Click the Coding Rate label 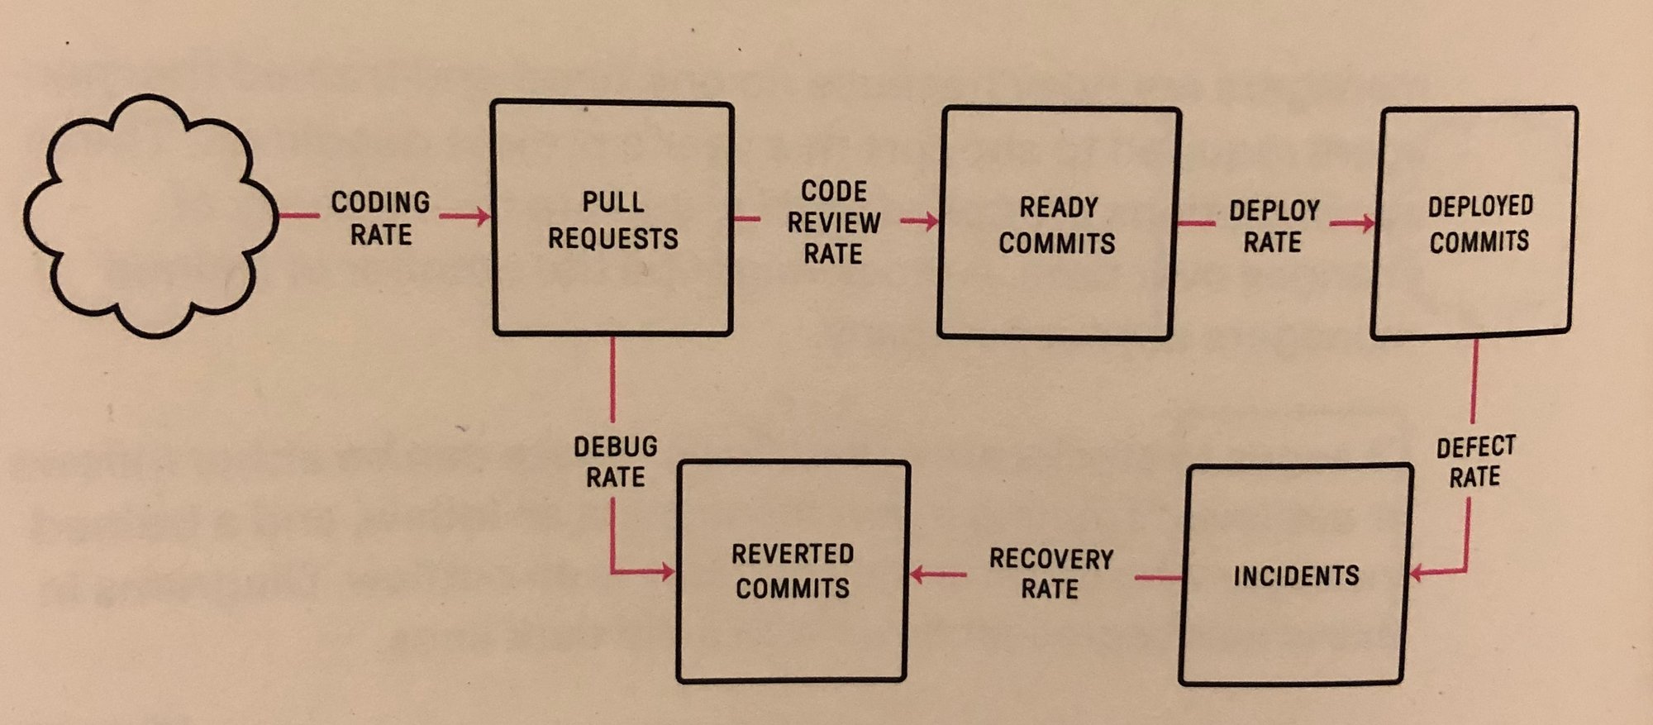[380, 219]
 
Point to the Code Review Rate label [833, 222]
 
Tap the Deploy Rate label [1274, 226]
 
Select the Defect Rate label [1475, 461]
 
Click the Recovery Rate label [1050, 573]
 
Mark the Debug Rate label [616, 462]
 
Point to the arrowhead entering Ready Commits [931, 221]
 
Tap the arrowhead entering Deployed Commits [1367, 223]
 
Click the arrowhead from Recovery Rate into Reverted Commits [917, 574]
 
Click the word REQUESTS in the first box [612, 239]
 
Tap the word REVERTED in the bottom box [792, 554]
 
